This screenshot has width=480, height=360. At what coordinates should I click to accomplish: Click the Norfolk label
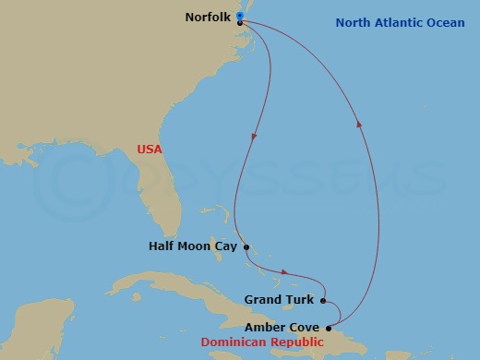coord(207,18)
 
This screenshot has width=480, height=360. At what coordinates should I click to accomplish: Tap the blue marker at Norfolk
coord(239,17)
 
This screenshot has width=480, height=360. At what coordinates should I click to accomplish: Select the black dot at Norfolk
coord(239,23)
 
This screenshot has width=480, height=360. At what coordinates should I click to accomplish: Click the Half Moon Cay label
coord(194,246)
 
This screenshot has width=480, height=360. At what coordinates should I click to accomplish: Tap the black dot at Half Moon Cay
coord(246,246)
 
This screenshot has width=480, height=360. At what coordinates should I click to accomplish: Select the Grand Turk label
coord(282,300)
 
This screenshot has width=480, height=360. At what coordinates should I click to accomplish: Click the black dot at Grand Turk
coord(323,300)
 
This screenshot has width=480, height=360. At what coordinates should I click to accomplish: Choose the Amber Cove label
coord(283,327)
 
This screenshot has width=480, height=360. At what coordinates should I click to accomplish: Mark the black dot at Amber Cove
coord(329,327)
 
